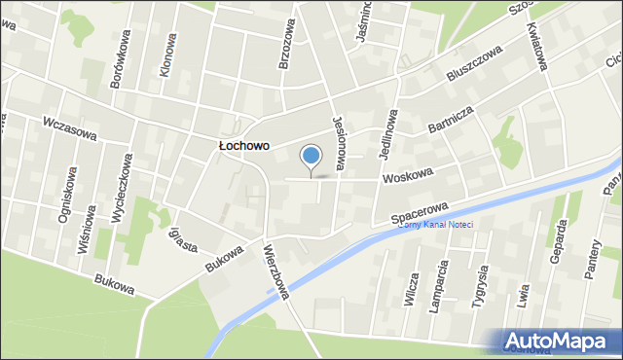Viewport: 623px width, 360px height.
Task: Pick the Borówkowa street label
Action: point(121,59)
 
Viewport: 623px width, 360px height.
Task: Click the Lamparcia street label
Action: point(444,284)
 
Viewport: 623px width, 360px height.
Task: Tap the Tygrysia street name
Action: point(478,285)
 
